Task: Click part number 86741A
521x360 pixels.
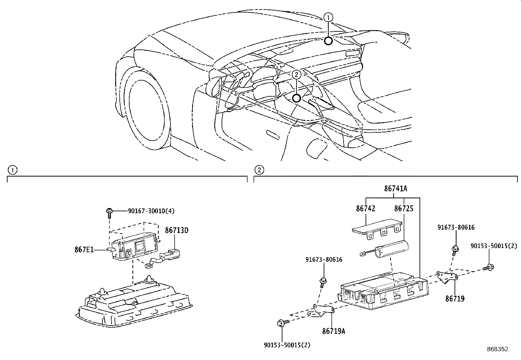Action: tap(395, 189)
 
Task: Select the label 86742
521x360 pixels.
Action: tap(366, 209)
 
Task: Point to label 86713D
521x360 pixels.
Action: tap(176, 231)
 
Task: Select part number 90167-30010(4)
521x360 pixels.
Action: tap(151, 211)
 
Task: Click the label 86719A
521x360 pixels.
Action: tap(333, 331)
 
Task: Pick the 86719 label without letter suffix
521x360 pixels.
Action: tap(455, 298)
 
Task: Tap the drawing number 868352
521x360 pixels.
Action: tap(497, 349)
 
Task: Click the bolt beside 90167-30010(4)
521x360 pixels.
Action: tap(109, 212)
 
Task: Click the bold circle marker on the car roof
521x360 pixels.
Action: tap(328, 41)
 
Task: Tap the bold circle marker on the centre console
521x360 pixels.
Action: tap(296, 98)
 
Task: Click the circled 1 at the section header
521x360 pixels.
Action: tap(12, 170)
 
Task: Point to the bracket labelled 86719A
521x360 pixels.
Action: tap(322, 311)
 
